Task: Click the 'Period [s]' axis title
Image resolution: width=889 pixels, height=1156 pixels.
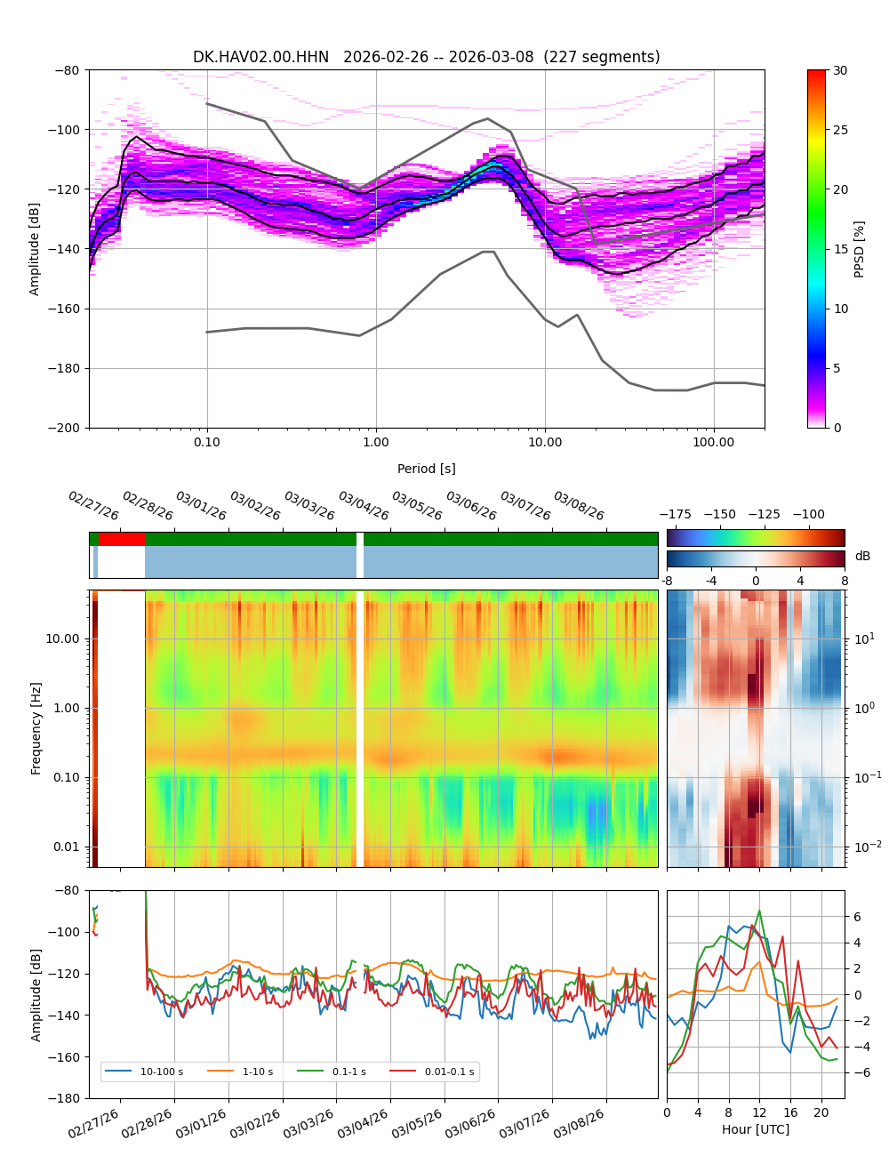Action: click(x=426, y=469)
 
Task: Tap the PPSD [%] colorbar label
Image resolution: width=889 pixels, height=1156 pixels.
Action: click(x=859, y=249)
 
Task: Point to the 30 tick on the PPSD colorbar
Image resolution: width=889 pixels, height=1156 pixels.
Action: click(x=840, y=70)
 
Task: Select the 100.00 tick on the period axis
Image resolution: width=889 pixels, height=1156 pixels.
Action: click(x=713, y=442)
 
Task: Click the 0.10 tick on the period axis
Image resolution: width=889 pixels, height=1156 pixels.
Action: click(x=207, y=442)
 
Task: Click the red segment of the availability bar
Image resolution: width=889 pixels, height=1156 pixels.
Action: click(x=122, y=539)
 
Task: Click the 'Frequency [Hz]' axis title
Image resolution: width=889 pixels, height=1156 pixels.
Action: click(x=36, y=728)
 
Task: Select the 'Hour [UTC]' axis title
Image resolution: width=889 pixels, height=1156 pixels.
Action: click(x=755, y=1129)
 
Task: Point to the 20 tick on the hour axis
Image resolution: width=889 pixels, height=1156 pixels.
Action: click(x=821, y=1112)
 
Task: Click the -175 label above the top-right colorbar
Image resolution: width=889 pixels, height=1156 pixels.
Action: click(x=675, y=514)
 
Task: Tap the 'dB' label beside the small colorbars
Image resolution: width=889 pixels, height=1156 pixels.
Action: click(x=862, y=556)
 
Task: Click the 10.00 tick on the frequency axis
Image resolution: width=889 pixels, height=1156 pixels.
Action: click(x=60, y=638)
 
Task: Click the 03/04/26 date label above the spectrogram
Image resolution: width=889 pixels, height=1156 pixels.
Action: click(x=363, y=506)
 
